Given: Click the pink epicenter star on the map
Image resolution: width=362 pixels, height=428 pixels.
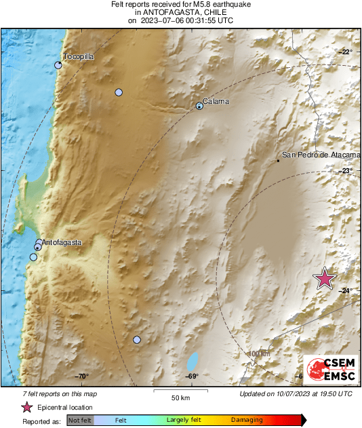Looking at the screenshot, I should [325, 279].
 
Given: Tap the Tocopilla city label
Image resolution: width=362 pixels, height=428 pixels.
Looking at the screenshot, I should [77, 57].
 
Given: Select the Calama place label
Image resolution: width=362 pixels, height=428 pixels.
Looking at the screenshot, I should [216, 101].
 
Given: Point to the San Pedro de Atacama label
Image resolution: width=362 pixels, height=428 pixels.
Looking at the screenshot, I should [315, 155].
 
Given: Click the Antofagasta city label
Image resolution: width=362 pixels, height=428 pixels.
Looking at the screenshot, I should [62, 242].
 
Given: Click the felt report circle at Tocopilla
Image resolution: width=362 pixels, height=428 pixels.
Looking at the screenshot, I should [58, 65].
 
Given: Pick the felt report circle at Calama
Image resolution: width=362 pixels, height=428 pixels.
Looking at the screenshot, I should [199, 105].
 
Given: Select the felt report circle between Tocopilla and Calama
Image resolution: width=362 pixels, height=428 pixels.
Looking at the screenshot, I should [119, 92].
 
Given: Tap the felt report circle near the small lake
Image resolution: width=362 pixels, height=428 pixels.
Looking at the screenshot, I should [137, 340].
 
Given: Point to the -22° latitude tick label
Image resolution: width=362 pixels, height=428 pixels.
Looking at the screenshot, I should [346, 52].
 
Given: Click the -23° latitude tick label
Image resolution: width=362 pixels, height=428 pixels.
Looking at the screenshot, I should [346, 171].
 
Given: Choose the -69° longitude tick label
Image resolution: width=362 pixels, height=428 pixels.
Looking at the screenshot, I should [192, 376].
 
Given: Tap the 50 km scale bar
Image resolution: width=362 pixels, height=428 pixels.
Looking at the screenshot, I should [180, 393].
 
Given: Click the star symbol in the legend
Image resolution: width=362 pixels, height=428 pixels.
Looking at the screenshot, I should [26, 407].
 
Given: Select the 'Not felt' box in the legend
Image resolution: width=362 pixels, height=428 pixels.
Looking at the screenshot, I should [80, 421].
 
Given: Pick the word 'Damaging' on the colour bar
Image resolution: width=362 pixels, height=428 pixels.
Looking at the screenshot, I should [247, 421].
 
